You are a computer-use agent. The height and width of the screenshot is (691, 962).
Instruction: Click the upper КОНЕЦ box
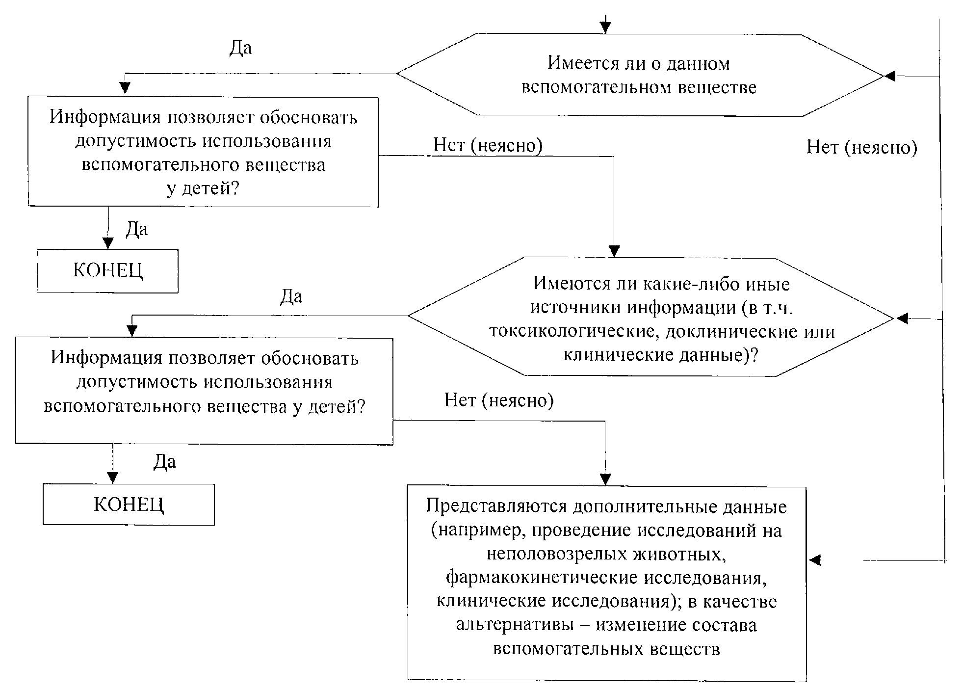[108, 270]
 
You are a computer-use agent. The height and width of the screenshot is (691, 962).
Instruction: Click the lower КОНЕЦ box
[129, 505]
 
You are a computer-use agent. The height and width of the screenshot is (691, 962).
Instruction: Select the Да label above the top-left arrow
[240, 48]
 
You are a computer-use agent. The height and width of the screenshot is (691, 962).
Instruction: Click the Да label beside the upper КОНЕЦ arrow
[136, 229]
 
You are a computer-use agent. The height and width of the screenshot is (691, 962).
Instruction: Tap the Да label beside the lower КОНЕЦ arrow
[164, 462]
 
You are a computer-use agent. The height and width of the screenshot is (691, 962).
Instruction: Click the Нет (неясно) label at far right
[861, 147]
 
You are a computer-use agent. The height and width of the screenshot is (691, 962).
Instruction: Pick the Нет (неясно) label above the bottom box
[499, 400]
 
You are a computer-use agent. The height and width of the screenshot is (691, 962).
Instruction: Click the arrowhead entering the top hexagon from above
[606, 27]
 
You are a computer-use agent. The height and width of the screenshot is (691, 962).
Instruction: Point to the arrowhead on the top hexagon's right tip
[889, 76]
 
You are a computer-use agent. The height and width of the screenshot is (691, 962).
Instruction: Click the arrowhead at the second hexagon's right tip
[902, 319]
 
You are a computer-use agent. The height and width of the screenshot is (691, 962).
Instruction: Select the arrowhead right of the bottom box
[815, 560]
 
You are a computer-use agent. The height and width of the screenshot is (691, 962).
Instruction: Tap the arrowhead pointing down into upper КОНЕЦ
[108, 243]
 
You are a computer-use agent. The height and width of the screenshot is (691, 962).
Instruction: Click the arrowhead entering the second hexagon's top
[614, 251]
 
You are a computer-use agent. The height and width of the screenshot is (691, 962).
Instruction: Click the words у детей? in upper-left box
[203, 188]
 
